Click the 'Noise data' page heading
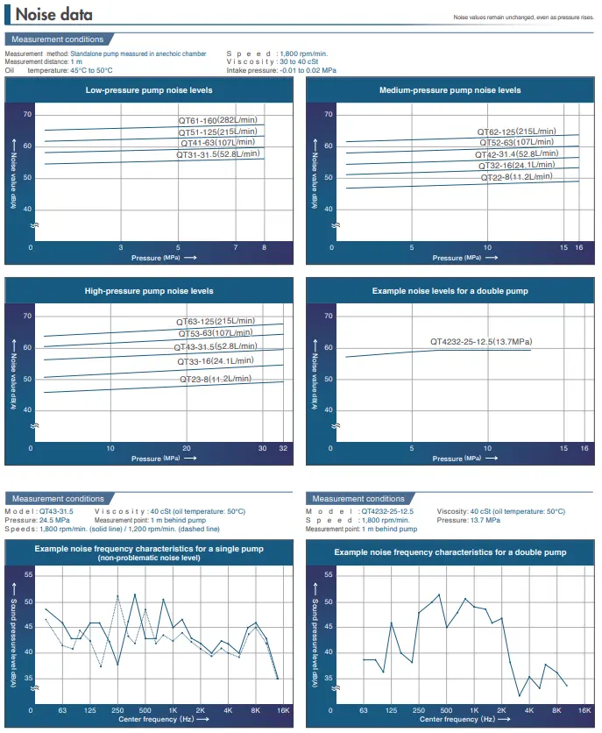[x=53, y=16]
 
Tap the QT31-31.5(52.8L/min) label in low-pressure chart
[x=215, y=154]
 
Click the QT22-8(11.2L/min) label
[x=517, y=176]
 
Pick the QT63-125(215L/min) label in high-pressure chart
[x=216, y=322]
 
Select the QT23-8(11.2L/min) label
[x=216, y=379]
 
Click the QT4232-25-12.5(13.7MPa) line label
[x=481, y=341]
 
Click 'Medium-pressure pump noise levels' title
[x=450, y=90]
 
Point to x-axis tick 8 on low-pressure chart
[x=264, y=248]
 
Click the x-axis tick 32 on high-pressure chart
[x=283, y=448]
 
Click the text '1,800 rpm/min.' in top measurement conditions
[x=304, y=54]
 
